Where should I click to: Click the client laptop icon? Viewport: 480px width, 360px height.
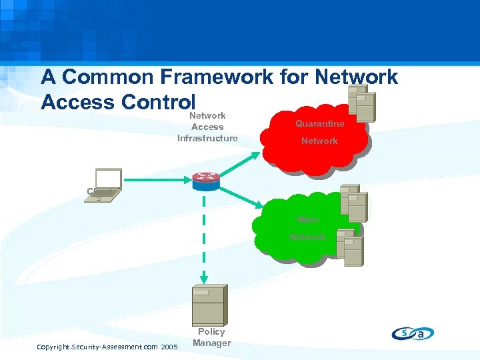click(107, 185)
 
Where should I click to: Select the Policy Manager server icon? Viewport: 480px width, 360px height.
click(209, 305)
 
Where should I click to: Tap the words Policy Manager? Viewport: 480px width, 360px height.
click(211, 337)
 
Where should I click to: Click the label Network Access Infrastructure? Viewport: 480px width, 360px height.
click(207, 127)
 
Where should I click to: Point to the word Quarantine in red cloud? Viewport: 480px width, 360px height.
click(319, 124)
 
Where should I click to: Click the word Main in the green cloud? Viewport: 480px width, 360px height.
click(307, 219)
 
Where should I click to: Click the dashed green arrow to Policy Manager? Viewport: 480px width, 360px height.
click(205, 240)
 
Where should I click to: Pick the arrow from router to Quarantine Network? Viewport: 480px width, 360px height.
click(237, 163)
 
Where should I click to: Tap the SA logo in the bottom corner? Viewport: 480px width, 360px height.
click(413, 333)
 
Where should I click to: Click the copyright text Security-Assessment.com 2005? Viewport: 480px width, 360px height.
click(107, 347)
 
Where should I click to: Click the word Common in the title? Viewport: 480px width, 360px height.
click(107, 77)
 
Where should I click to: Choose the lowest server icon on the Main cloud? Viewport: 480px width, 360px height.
click(349, 247)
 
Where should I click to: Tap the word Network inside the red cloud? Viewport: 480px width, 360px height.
click(319, 141)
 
